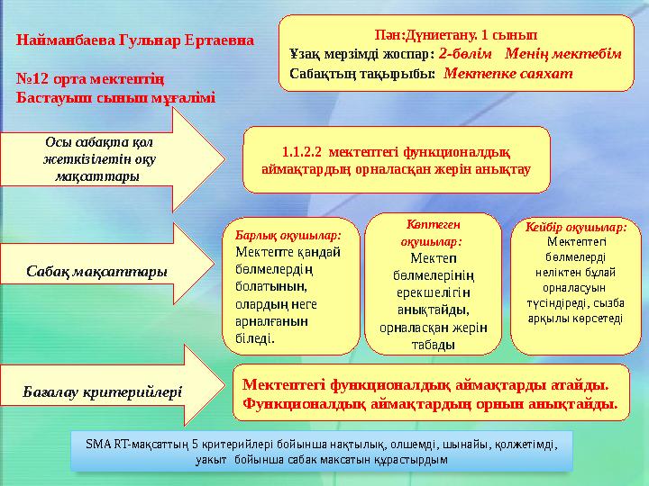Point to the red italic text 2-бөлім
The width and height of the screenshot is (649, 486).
467,53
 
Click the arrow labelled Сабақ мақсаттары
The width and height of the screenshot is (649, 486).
97,269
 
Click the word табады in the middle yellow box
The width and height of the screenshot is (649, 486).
434,344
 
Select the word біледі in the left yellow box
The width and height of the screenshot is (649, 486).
255,338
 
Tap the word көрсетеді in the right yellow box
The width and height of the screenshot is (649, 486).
599,319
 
